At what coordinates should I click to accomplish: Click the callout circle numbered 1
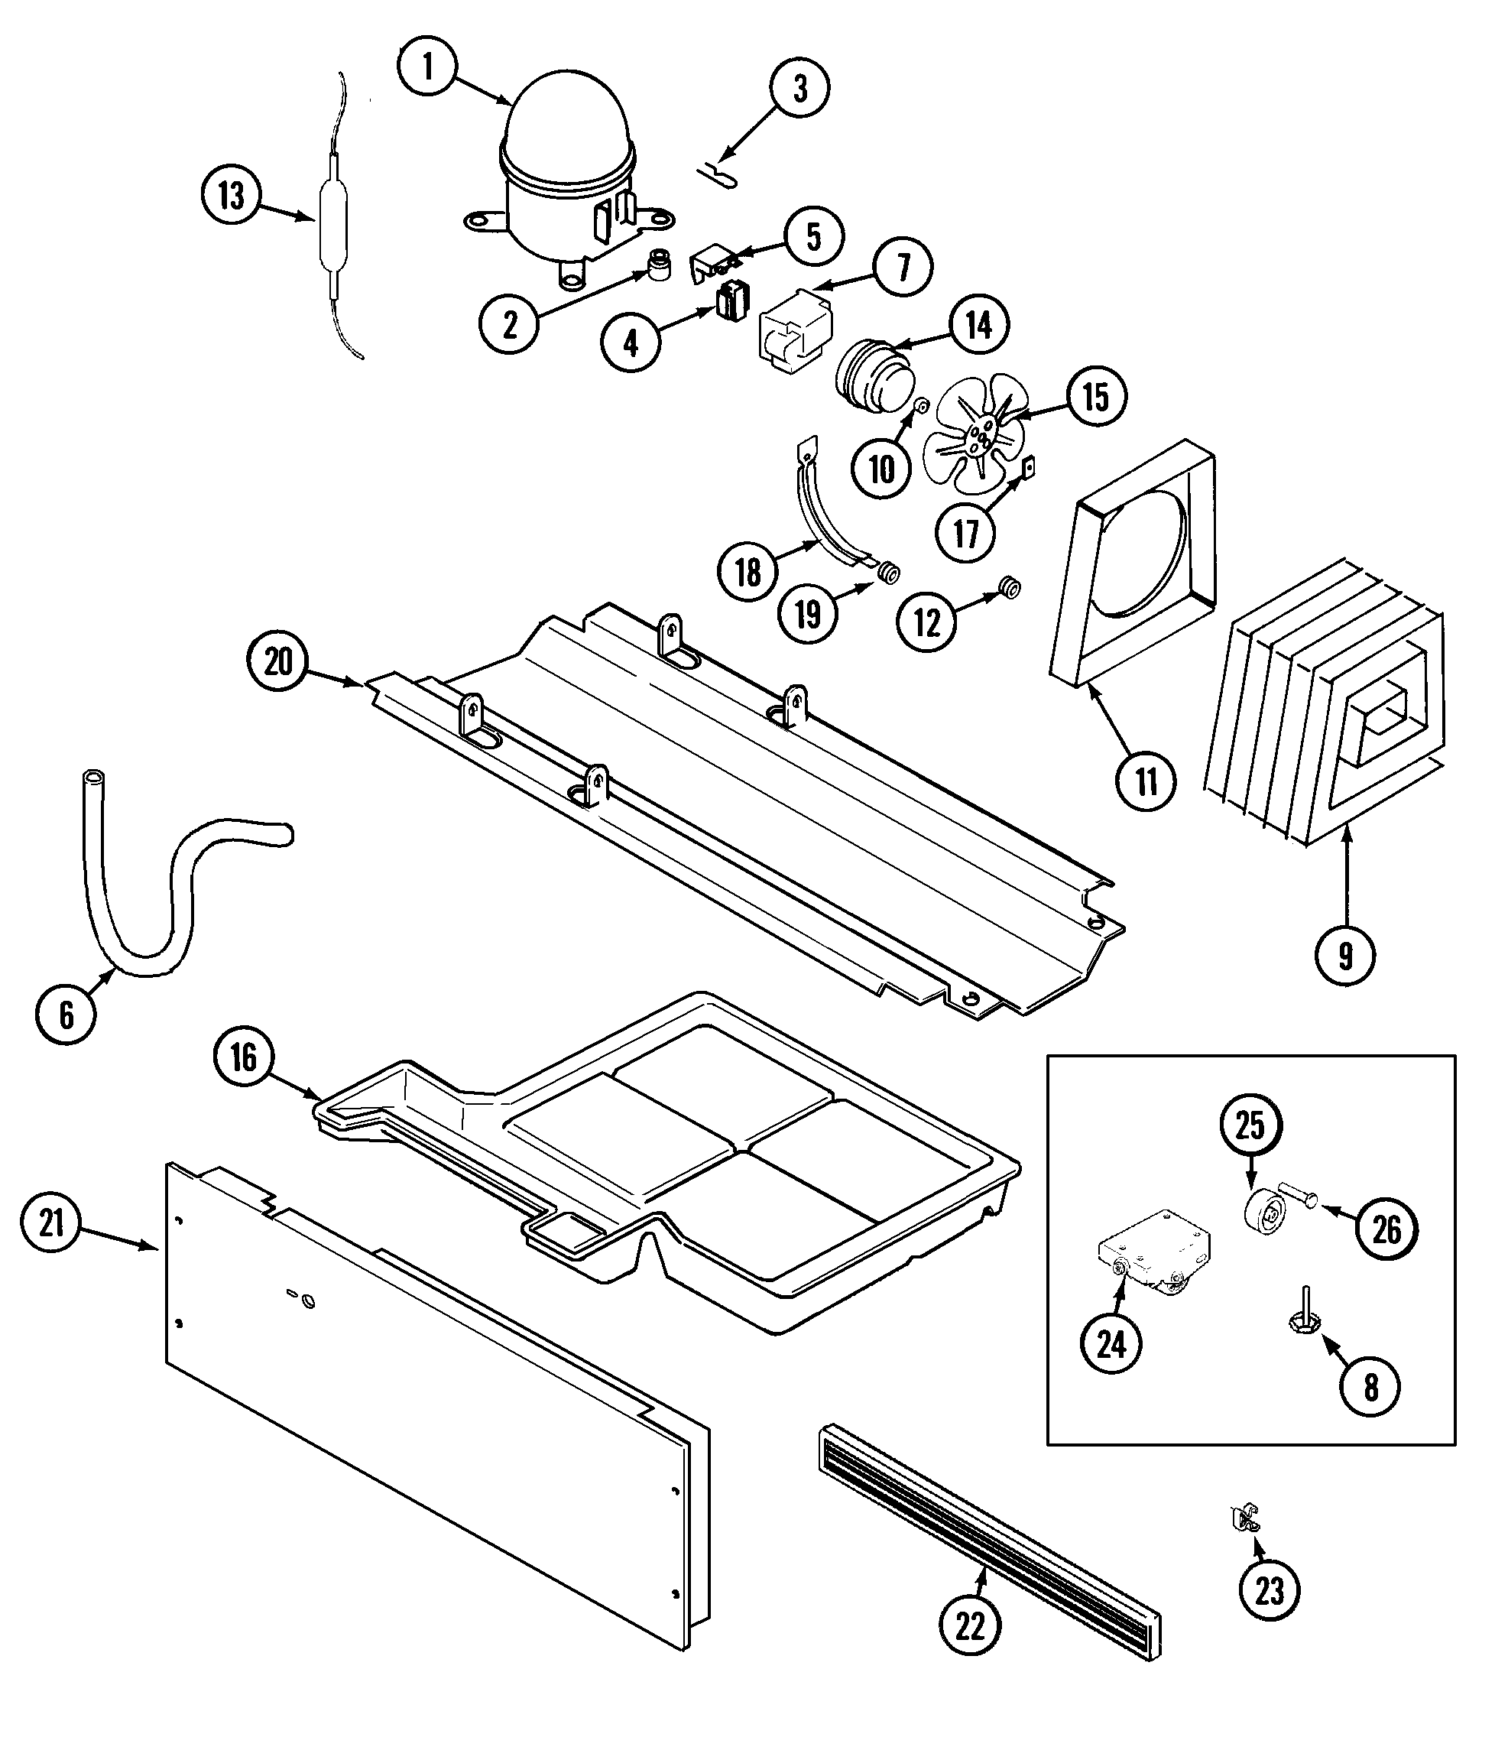click(x=427, y=66)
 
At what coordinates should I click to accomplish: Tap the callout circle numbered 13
click(x=231, y=196)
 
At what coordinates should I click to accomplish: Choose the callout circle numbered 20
click(x=278, y=662)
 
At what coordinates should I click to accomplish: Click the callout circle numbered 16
click(x=244, y=1057)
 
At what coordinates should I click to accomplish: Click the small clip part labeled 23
click(x=1243, y=1518)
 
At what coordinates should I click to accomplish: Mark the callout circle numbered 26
click(x=1386, y=1230)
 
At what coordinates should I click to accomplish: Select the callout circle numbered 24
click(x=1111, y=1344)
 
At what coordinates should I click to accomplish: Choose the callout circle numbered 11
click(x=1146, y=781)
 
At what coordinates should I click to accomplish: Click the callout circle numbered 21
click(x=51, y=1222)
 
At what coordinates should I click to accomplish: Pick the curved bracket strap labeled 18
click(x=822, y=515)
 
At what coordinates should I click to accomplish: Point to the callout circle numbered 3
click(x=799, y=88)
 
